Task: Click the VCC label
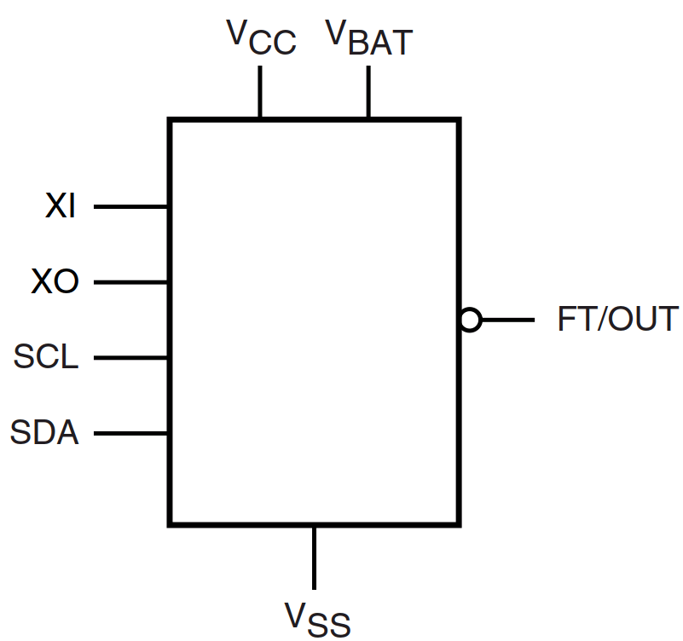[x=261, y=38]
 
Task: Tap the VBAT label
[x=368, y=38]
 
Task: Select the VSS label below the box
[x=316, y=619]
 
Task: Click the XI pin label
[x=61, y=206]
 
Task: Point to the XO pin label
[x=55, y=282]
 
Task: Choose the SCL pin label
[x=46, y=357]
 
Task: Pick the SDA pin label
[x=44, y=433]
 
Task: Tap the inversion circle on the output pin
[x=470, y=320]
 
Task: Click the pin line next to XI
[x=130, y=206]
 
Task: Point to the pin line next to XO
[x=130, y=282]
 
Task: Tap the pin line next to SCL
[x=130, y=357]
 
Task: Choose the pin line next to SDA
[x=130, y=433]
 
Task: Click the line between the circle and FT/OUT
[x=507, y=320]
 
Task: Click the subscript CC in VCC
[x=273, y=43]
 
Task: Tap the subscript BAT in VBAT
[x=381, y=43]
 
